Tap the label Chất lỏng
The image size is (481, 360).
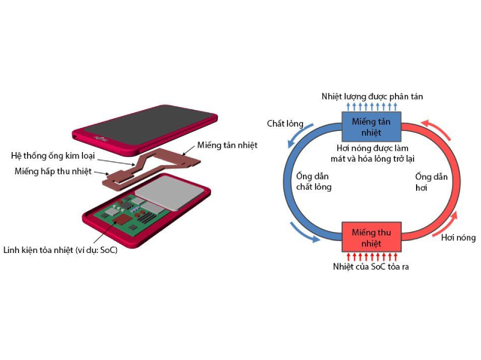click(285, 124)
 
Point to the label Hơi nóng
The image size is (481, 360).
click(458, 237)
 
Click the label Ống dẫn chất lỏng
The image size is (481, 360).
click(314, 181)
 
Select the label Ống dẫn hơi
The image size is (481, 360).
click(431, 181)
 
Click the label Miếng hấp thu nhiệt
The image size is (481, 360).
click(54, 171)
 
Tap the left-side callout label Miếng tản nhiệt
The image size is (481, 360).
click(227, 145)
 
